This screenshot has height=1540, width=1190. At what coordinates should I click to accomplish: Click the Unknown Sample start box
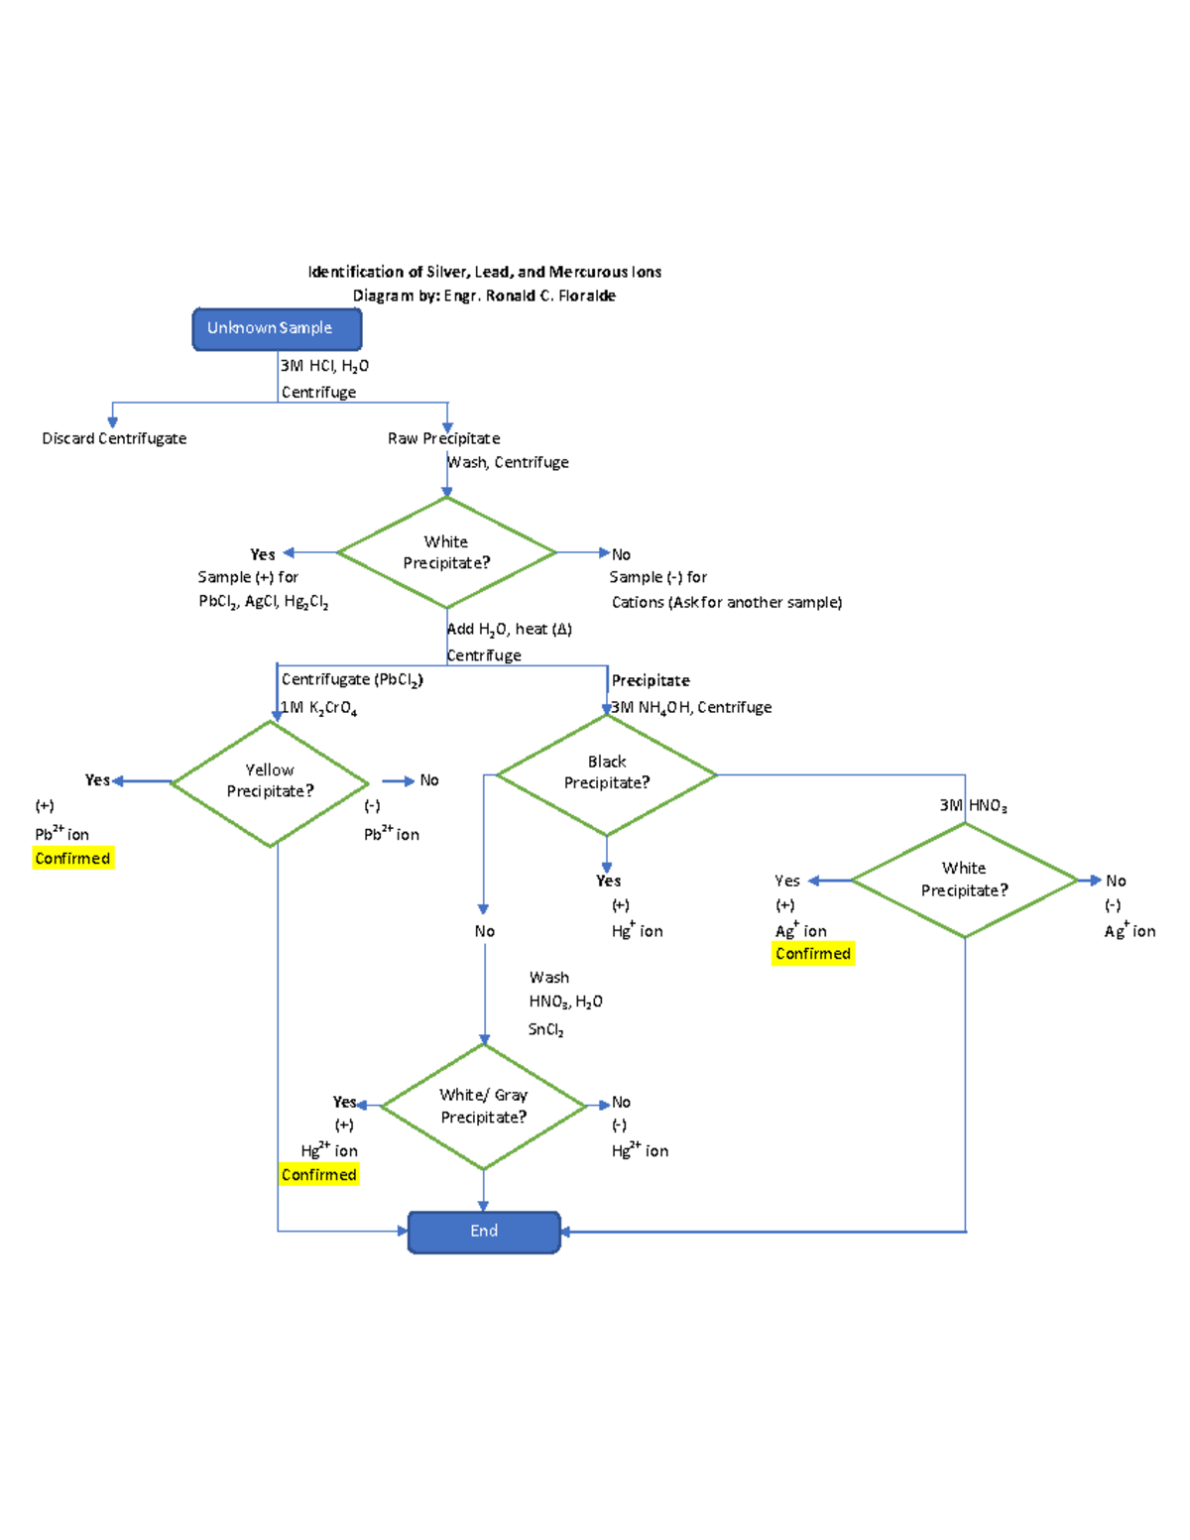277,328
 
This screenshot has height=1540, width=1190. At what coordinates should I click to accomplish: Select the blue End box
484,1232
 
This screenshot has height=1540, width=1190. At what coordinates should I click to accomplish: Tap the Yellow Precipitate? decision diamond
270,781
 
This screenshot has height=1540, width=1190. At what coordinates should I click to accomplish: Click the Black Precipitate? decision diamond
607,772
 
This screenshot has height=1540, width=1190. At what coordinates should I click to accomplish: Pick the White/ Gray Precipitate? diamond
484,1106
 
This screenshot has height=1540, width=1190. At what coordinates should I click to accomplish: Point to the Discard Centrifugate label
114,438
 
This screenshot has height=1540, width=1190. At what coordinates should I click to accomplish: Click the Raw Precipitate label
443,438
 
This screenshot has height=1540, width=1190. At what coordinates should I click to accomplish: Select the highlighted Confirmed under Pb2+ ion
72,859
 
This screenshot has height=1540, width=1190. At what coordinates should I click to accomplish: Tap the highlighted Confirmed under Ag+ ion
813,954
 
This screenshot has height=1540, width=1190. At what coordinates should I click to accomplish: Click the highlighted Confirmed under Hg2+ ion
318,1175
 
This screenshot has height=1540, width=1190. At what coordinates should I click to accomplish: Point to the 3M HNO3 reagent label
973,806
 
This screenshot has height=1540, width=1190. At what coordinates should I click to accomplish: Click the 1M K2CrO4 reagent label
318,708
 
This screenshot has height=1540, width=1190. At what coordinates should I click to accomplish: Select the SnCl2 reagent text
545,1030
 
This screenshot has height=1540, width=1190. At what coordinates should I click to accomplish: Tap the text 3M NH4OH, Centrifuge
691,708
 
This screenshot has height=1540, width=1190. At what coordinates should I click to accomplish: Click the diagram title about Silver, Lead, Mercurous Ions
484,272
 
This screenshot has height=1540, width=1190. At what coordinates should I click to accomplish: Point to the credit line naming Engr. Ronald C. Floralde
484,296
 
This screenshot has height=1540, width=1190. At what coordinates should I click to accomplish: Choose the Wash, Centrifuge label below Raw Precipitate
509,463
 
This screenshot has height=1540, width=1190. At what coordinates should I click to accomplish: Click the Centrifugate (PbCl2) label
352,680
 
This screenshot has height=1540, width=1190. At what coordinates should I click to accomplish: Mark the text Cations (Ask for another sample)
727,603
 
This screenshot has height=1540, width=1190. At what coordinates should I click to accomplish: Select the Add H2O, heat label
510,630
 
